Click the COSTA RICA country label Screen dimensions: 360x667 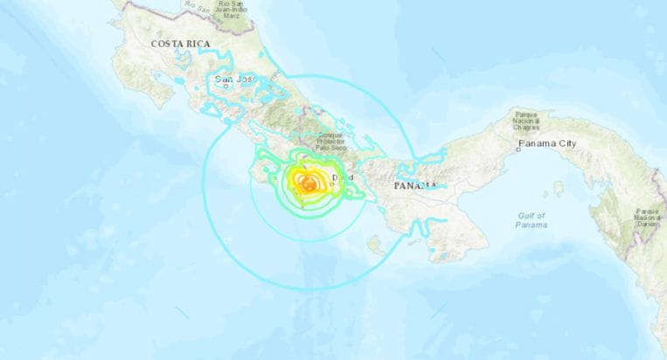tap(182, 43)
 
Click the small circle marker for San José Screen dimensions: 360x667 tap(226, 86)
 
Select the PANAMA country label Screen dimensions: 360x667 tap(414, 186)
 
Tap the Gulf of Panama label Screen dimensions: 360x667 tap(531, 219)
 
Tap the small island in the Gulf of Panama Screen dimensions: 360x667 tap(558, 188)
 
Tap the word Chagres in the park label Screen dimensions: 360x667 tap(536, 128)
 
